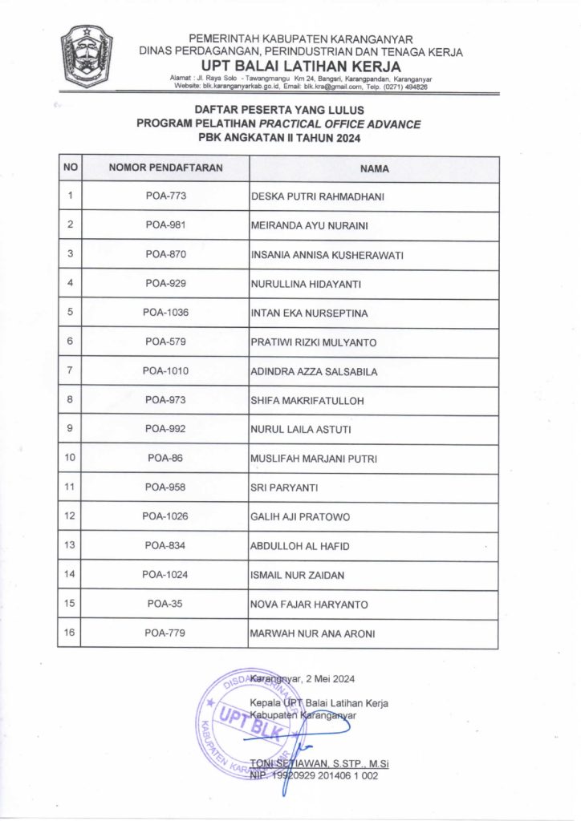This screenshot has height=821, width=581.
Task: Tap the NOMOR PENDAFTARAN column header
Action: [166, 168]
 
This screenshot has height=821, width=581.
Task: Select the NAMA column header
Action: [374, 169]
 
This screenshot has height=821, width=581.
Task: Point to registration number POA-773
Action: [166, 196]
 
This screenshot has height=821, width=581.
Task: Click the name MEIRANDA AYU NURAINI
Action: [310, 225]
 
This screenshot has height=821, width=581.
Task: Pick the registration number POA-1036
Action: [166, 313]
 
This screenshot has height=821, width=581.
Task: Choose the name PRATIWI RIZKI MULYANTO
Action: [314, 342]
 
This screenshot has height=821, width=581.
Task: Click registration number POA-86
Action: [166, 458]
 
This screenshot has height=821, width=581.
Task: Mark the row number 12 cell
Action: [71, 516]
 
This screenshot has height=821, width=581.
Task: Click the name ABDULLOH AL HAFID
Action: [300, 546]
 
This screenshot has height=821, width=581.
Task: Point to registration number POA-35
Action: [166, 604]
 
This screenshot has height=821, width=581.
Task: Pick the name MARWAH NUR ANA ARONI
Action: [313, 634]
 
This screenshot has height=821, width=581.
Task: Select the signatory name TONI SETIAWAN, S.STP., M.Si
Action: [319, 764]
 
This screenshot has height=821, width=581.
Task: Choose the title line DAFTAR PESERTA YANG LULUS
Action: [279, 110]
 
